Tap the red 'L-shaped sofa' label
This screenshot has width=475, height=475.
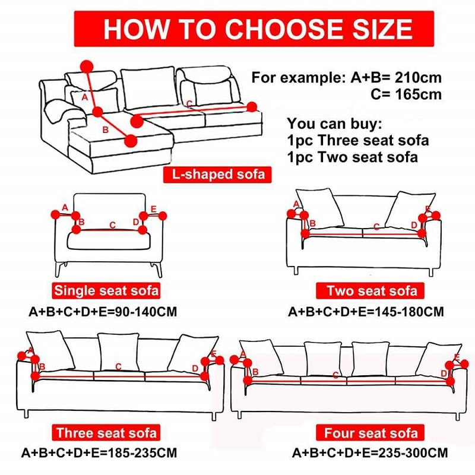[x=215, y=175]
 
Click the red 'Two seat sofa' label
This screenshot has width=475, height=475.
[x=372, y=291]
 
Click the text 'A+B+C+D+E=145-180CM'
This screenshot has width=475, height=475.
[x=366, y=312]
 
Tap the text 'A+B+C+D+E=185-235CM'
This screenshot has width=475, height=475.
[x=99, y=452]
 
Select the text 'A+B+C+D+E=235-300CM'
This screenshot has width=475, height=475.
[x=370, y=453]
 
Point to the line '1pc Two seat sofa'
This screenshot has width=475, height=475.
[x=353, y=157]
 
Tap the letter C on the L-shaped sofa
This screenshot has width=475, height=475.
[x=189, y=104]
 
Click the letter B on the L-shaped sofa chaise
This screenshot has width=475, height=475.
[x=105, y=129]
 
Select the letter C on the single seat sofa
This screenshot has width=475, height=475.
[x=113, y=225]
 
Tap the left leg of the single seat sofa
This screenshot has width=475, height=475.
[x=58, y=270]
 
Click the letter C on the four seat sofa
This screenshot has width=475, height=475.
[x=335, y=375]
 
